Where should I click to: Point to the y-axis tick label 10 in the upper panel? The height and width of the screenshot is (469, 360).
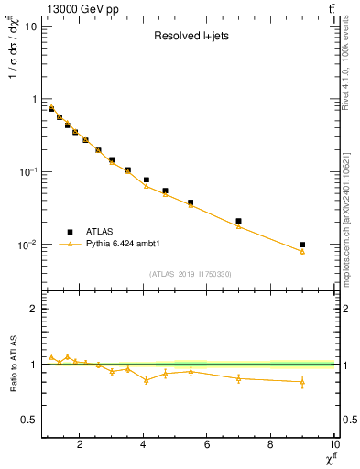[x=30, y=26]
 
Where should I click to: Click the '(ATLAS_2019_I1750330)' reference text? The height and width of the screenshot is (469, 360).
[x=190, y=274]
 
